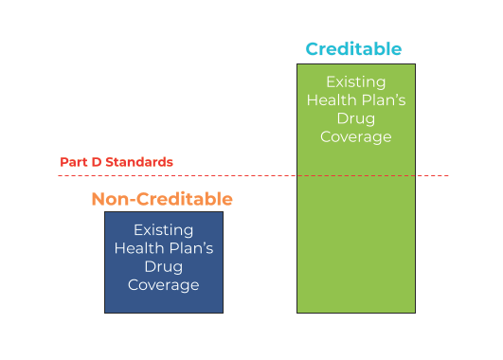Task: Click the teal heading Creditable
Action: click(352, 49)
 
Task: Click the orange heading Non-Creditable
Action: click(161, 199)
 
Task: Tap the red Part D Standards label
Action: click(117, 162)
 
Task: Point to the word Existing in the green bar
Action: click(355, 81)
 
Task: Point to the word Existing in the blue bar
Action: click(164, 230)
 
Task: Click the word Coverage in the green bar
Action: click(355, 136)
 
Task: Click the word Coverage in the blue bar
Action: click(164, 284)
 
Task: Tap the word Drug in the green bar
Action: click(355, 118)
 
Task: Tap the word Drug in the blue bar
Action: click(164, 266)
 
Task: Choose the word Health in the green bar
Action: click(333, 99)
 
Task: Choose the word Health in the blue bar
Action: click(140, 248)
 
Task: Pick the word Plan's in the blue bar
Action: click(189, 248)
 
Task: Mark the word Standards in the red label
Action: click(142, 162)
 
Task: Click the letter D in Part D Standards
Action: click(99, 162)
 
